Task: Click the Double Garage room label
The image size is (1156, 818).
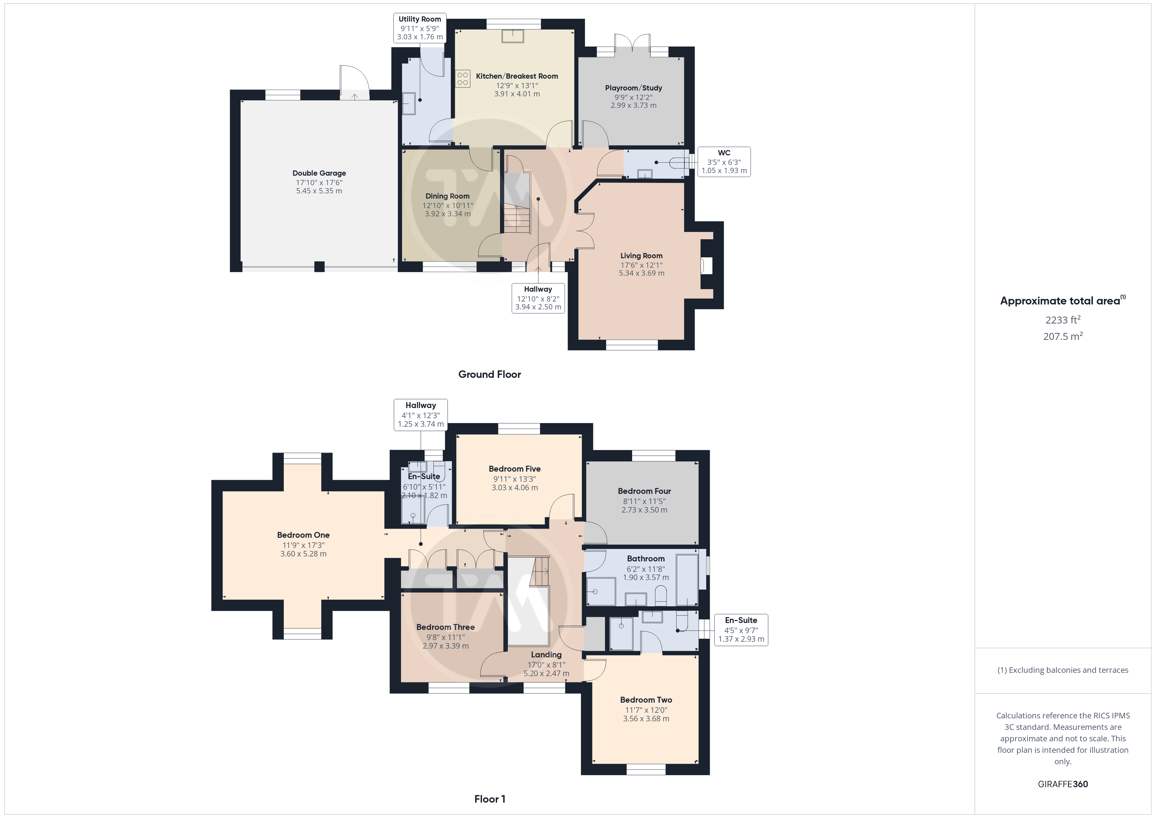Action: coord(319,173)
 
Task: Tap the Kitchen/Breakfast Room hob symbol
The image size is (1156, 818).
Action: coord(463,79)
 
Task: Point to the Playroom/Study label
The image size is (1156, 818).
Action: coord(633,88)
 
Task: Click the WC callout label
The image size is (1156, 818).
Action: coord(724,153)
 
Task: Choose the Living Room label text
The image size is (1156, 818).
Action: coord(642,256)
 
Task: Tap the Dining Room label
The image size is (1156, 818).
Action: coord(447,196)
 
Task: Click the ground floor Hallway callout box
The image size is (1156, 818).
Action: coord(538,298)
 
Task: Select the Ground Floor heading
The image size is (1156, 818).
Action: coord(490,374)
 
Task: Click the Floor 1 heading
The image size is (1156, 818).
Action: coord(490,799)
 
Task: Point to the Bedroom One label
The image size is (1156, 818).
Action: coord(303,535)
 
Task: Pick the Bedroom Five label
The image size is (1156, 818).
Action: coord(514,469)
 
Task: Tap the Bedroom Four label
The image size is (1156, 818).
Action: coord(645,491)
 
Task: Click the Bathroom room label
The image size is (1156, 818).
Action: coord(646,558)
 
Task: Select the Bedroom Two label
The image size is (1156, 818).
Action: coord(646,700)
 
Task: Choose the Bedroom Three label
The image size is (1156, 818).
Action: coord(446,627)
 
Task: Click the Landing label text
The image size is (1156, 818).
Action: coord(546,655)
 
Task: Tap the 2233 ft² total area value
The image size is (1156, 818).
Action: coord(1063,320)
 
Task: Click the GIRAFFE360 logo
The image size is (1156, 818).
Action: coord(1063,784)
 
